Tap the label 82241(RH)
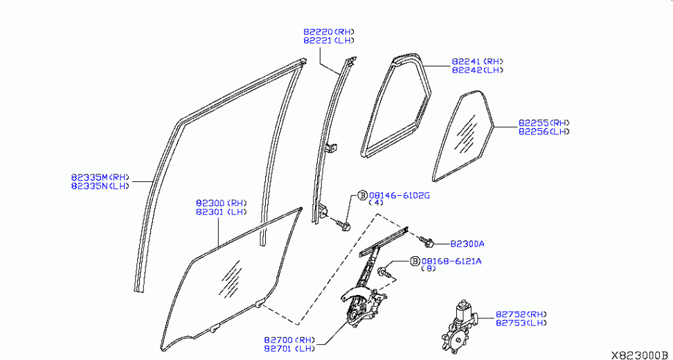pyautogui.click(x=478, y=62)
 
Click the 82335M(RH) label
pyautogui.click(x=100, y=177)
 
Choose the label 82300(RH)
pyautogui.click(x=221, y=204)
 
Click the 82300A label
pyautogui.click(x=467, y=244)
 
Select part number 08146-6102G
pyautogui.click(x=399, y=196)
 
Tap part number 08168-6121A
pyautogui.click(x=451, y=261)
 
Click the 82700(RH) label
pyautogui.click(x=289, y=340)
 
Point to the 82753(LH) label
pyautogui.click(x=521, y=323)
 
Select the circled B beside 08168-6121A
pyautogui.click(x=414, y=261)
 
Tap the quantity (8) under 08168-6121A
pyautogui.click(x=430, y=269)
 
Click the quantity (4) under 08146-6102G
pyautogui.click(x=376, y=204)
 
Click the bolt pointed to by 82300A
pyautogui.click(x=428, y=242)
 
